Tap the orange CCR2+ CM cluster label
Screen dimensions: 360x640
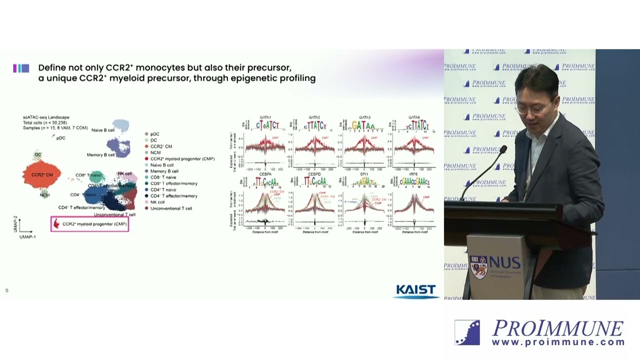click(x=42, y=175)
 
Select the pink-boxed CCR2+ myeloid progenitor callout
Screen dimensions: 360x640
click(x=90, y=224)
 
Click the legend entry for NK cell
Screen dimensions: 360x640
click(x=157, y=202)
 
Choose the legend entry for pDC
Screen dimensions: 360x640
click(x=154, y=134)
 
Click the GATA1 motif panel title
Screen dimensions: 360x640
click(x=265, y=117)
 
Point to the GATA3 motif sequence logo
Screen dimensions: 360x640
click(x=364, y=125)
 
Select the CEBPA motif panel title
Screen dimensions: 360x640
click(x=265, y=174)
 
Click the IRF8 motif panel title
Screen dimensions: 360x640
click(x=413, y=174)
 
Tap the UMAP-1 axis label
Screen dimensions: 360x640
click(x=27, y=237)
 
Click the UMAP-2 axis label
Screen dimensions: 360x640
click(x=15, y=224)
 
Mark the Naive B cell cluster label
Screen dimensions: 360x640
click(x=103, y=130)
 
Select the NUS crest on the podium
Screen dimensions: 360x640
click(x=478, y=267)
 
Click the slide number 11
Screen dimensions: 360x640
click(x=6, y=291)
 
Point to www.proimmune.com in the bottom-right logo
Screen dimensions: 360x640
click(x=558, y=342)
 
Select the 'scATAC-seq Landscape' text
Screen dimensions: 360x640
click(x=46, y=117)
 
